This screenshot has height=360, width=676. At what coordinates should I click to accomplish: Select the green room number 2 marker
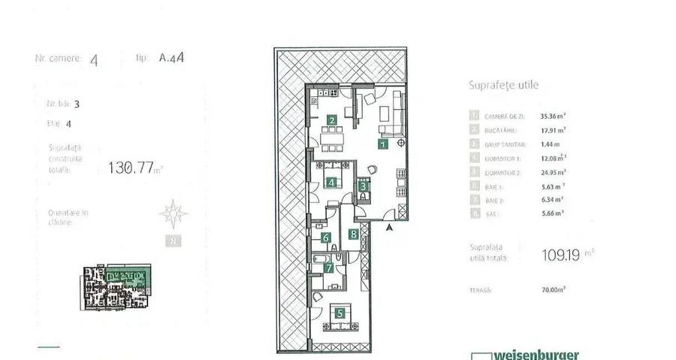point(332,119)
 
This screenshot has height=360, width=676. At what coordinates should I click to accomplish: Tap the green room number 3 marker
point(363,186)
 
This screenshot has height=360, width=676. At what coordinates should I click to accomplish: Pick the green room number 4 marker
point(330,182)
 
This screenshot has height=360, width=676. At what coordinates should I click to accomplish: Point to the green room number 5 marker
point(340,315)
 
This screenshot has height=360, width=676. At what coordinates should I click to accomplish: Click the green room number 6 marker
point(326,239)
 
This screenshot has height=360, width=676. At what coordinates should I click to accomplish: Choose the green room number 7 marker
point(328,267)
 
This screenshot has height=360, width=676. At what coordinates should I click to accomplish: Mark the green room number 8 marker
point(353,234)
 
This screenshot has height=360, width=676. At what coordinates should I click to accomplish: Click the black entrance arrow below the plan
point(389,226)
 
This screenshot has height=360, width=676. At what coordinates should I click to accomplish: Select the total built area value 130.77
point(131,168)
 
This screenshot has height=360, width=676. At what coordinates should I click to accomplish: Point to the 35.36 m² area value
point(553,116)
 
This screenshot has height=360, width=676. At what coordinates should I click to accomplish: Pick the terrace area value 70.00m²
point(553,289)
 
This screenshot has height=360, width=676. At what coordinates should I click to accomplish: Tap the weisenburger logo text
point(536,355)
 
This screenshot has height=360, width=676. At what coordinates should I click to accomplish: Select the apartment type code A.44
point(173,57)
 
